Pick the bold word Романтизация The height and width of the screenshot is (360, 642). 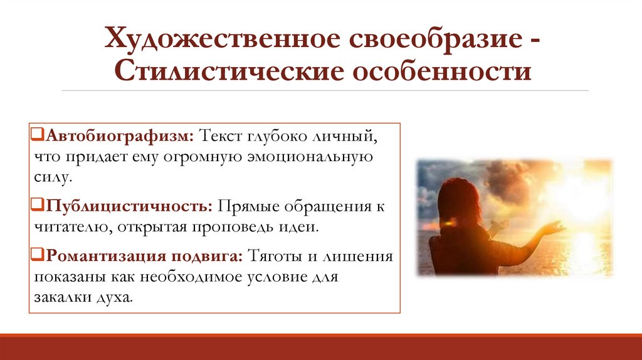pos(102,257)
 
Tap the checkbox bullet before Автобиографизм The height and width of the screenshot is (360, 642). pos(36,136)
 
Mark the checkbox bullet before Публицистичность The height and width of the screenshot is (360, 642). pos(36,206)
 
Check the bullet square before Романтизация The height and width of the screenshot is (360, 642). pos(36,257)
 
